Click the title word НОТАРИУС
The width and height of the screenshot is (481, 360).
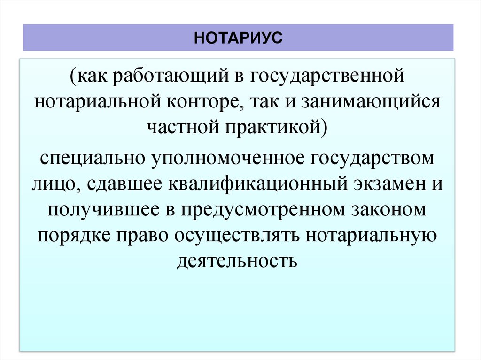[238, 37]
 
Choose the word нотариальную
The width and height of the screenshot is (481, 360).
[371, 235]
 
